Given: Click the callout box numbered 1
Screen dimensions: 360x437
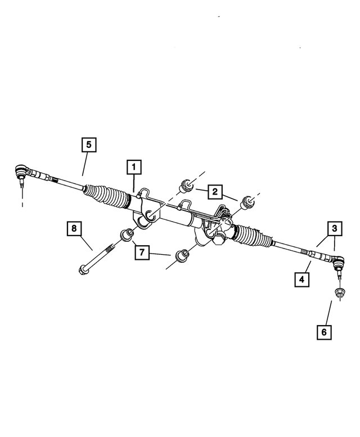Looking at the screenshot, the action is tap(134, 167).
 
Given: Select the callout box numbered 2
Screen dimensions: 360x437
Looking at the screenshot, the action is tap(214, 191).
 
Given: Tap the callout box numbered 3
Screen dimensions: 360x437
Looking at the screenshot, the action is tap(334, 228).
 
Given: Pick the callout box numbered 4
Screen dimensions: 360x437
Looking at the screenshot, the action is tap(302, 279).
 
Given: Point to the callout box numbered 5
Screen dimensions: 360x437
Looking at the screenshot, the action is tap(89, 145).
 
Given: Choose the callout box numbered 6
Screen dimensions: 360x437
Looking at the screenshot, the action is tap(324, 332).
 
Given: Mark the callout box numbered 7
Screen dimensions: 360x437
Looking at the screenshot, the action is tap(142, 252).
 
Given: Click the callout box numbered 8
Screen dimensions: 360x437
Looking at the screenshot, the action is tap(74, 228).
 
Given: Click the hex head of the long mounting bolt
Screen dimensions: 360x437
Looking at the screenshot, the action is tap(83, 270).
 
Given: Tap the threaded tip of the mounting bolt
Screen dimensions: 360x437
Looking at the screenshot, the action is tap(111, 247).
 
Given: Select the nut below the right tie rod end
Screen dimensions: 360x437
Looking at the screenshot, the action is tap(340, 293).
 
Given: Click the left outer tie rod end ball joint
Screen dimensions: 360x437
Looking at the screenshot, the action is tap(21, 171).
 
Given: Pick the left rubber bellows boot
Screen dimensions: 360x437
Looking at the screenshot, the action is tap(107, 196).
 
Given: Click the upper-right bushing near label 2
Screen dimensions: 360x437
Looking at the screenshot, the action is tap(248, 202).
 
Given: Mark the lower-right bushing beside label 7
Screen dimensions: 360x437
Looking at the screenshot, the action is tap(182, 255).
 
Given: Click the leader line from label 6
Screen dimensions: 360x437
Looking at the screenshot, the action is tap(328, 312).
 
